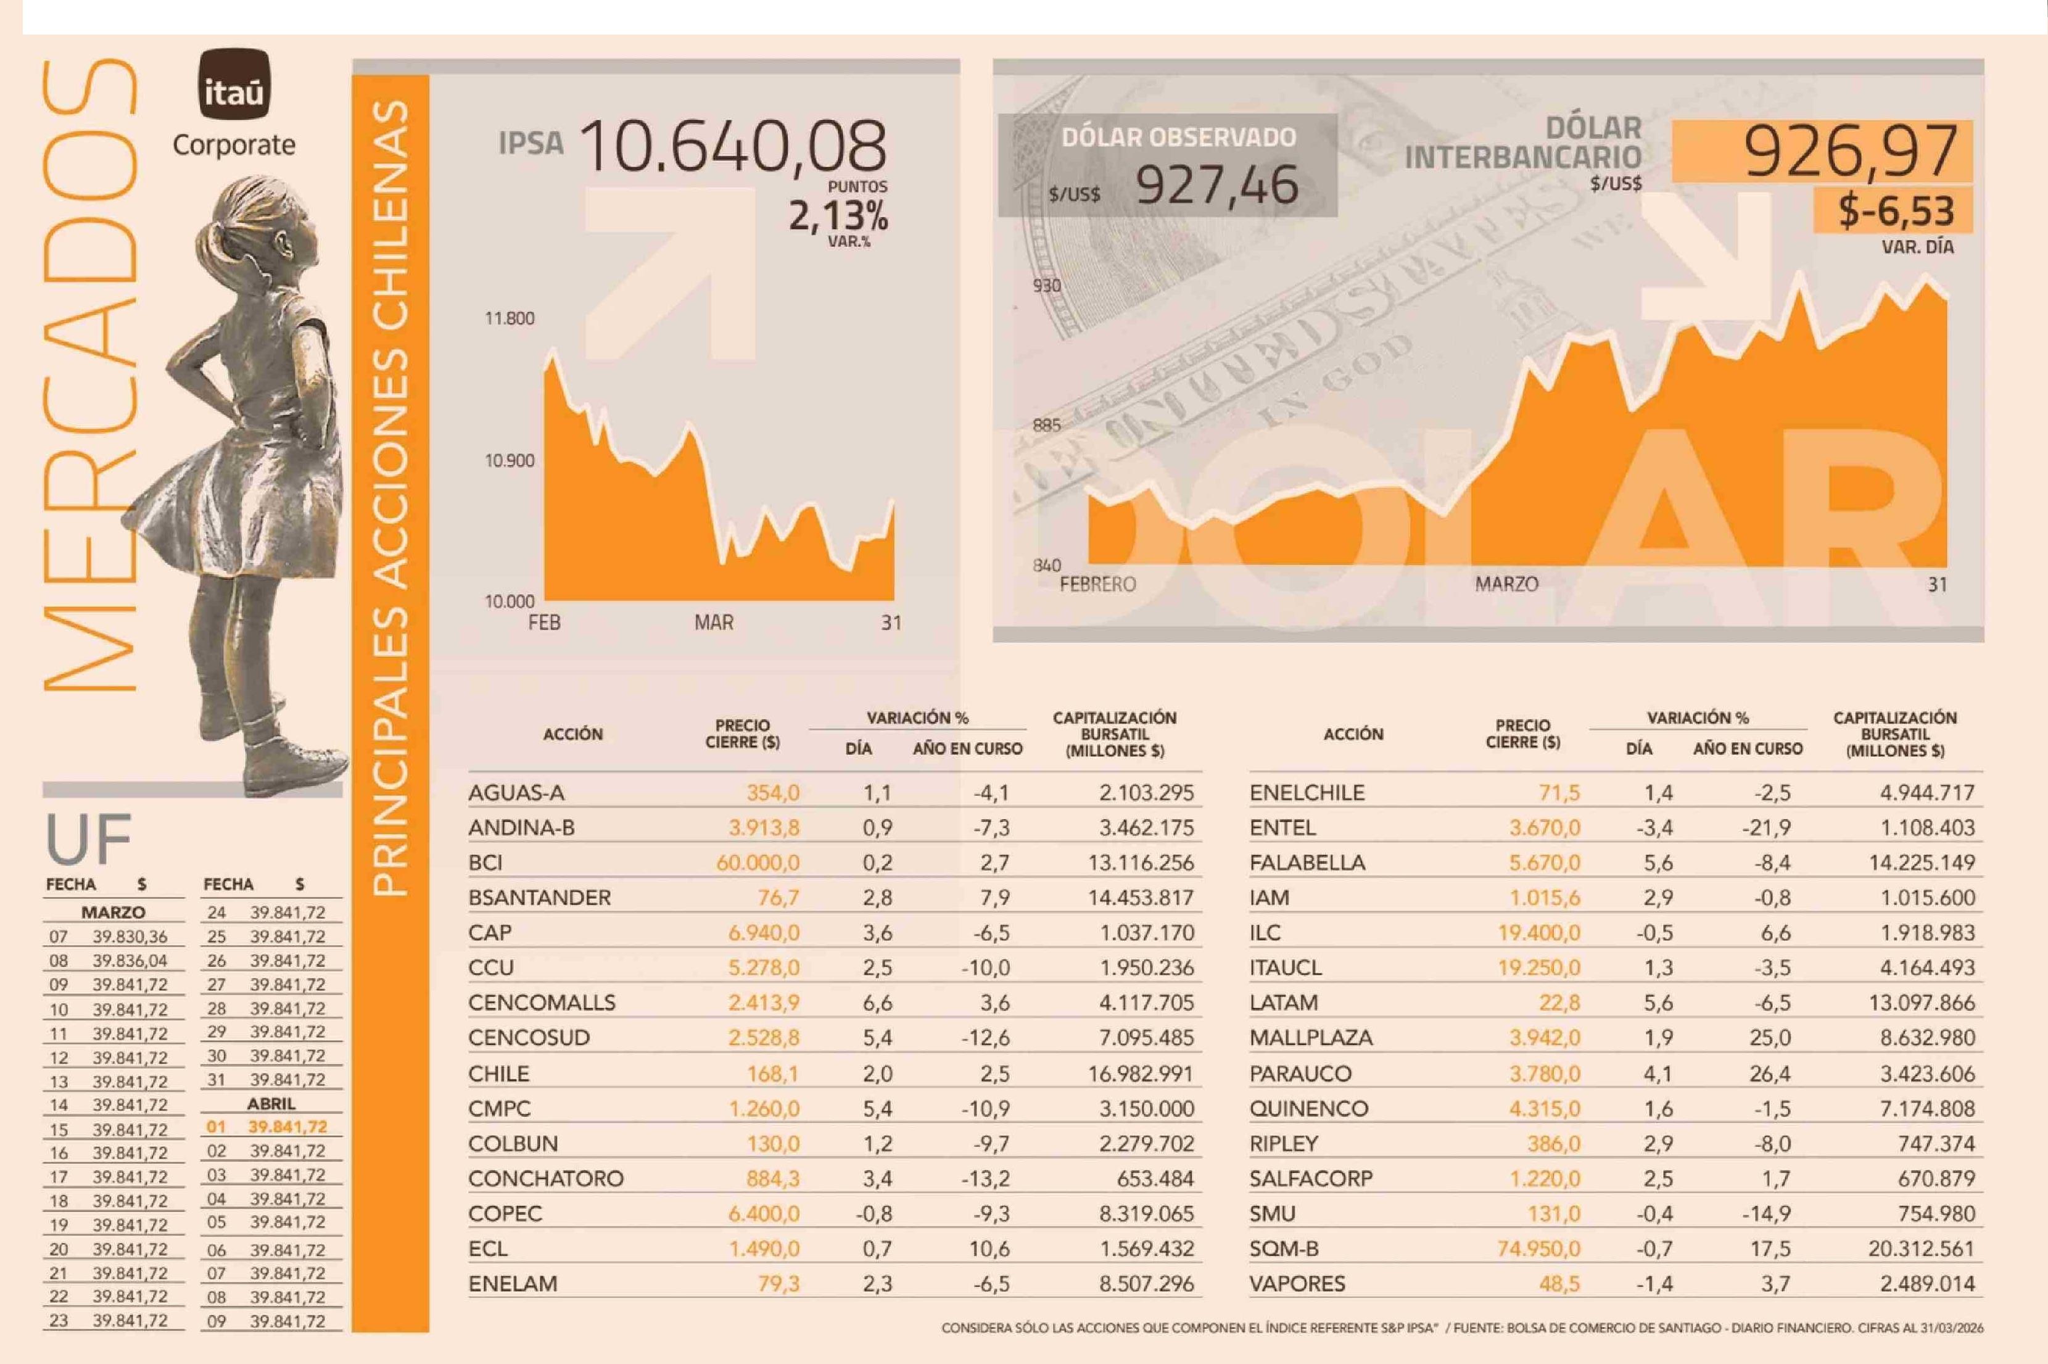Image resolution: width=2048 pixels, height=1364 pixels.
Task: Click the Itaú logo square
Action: click(234, 85)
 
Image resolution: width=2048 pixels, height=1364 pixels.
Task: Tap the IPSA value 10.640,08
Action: click(732, 146)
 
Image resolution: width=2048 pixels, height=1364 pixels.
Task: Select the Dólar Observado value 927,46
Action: click(1216, 185)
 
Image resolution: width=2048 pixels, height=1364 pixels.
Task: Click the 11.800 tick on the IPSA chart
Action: click(510, 318)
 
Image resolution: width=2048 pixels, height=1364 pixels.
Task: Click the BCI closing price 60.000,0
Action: click(758, 863)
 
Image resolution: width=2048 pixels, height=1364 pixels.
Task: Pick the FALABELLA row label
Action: click(1307, 863)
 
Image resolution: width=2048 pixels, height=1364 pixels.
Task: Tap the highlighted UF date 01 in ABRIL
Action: click(216, 1127)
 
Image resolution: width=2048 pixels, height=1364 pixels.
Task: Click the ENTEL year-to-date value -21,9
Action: click(1765, 828)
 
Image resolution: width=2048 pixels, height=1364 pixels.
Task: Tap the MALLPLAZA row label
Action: click(1311, 1038)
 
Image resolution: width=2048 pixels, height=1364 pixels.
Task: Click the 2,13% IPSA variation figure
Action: click(838, 215)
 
